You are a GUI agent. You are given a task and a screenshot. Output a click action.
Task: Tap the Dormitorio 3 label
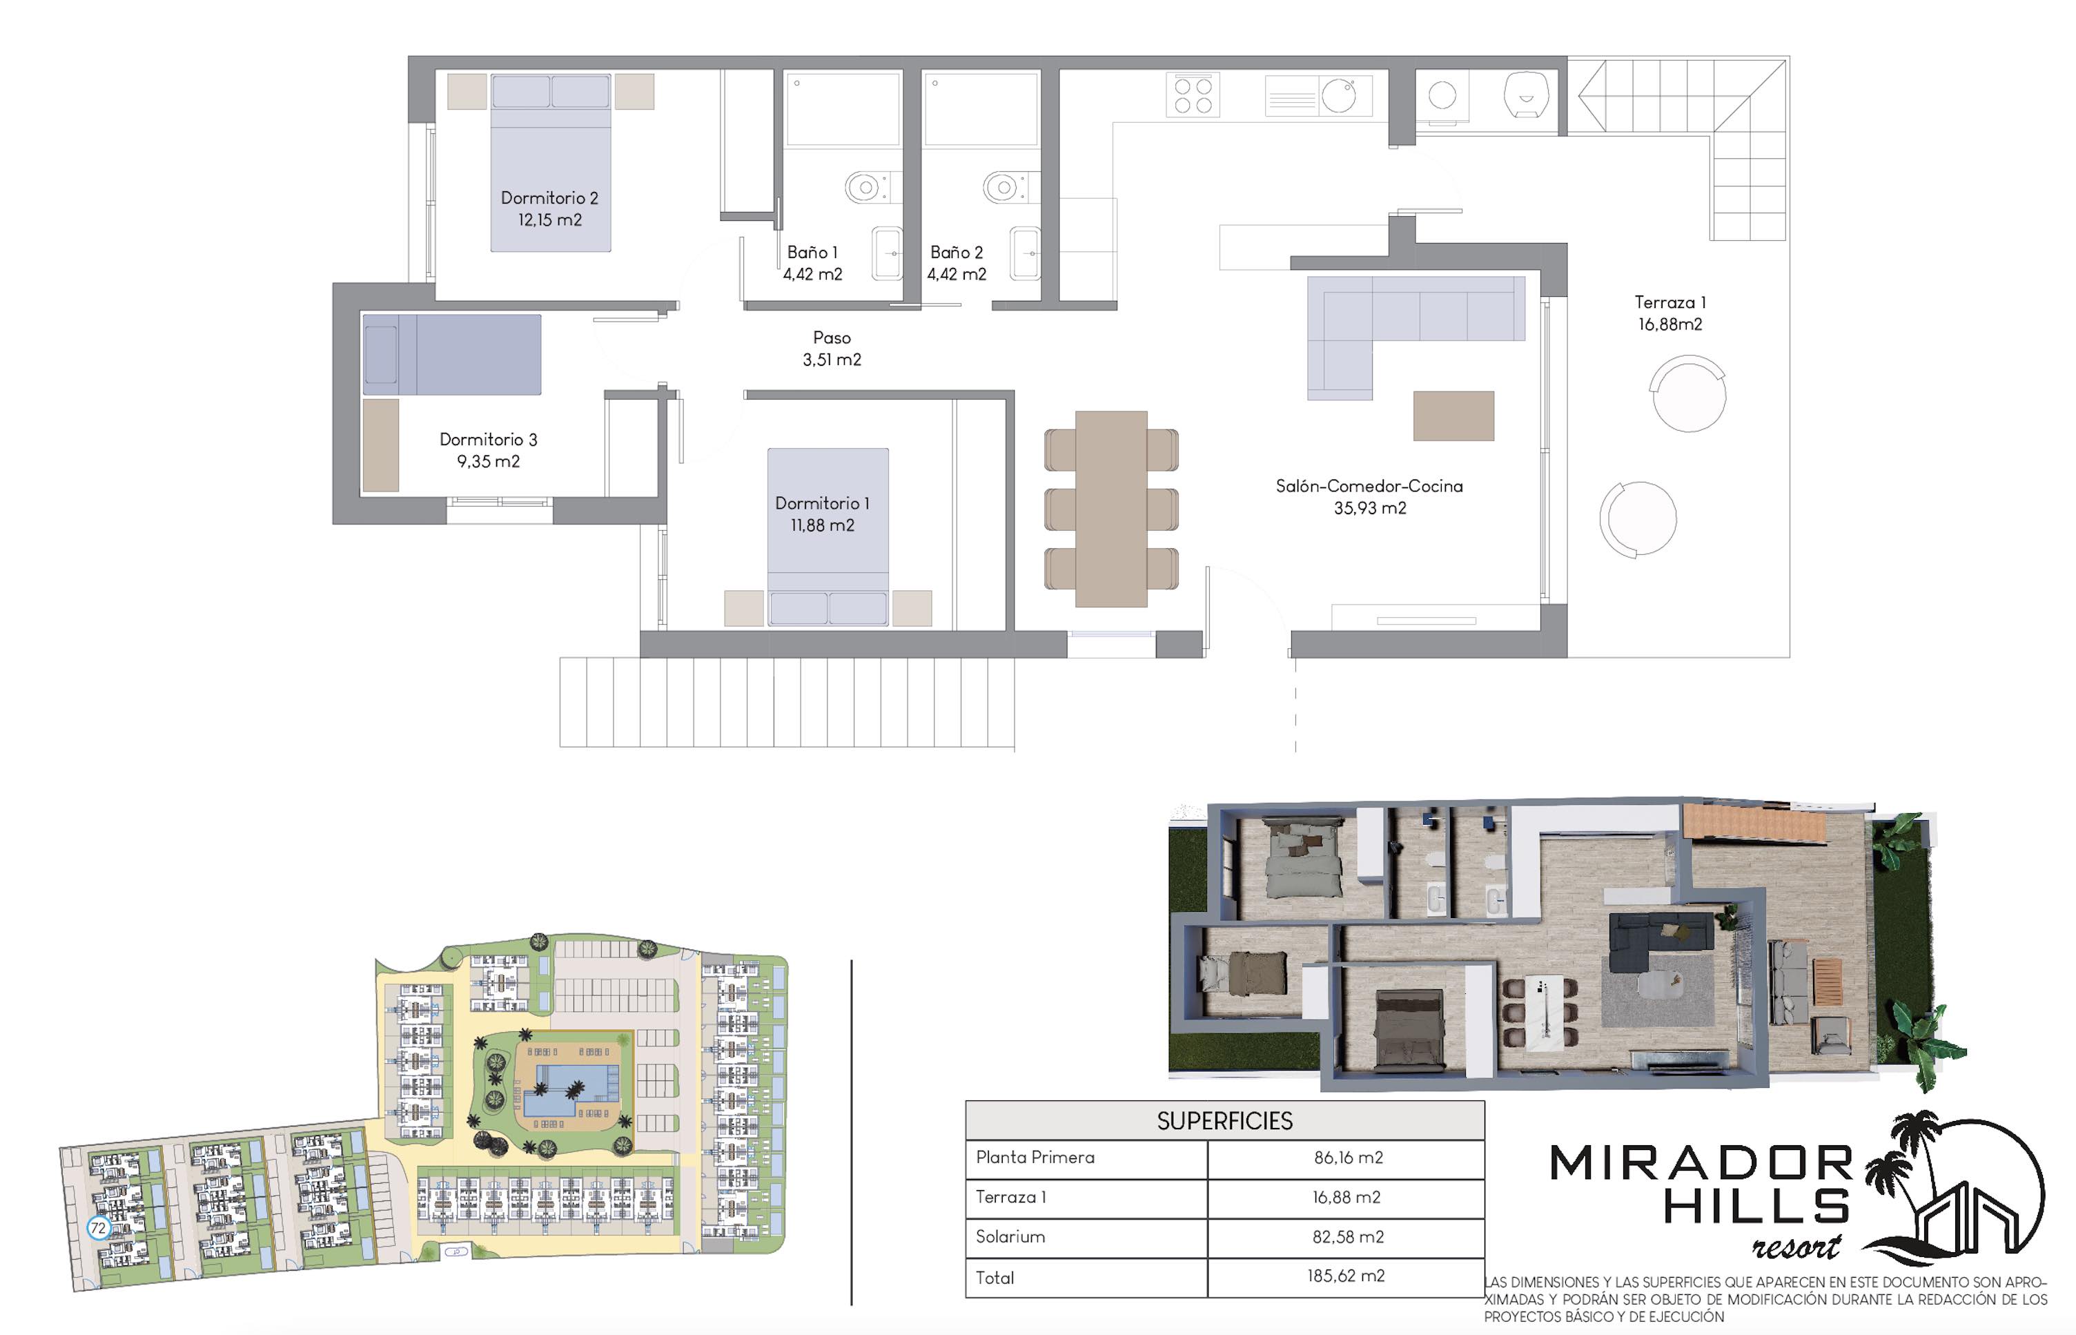(488, 451)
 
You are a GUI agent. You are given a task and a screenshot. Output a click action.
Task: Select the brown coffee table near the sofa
(1453, 416)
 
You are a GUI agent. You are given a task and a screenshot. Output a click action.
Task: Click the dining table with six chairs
(1110, 509)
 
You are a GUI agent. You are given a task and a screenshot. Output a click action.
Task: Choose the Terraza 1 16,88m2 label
(1669, 313)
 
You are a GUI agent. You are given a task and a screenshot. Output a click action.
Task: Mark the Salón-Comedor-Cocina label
(1369, 498)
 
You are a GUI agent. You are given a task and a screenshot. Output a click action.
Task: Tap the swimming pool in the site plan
(568, 1089)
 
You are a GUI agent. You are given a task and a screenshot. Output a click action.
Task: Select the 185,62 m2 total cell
(1345, 1276)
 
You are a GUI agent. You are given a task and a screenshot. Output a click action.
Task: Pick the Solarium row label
(1010, 1237)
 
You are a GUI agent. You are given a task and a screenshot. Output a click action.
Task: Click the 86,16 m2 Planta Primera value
(1348, 1158)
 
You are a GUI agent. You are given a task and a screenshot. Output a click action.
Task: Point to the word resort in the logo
(1796, 1246)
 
